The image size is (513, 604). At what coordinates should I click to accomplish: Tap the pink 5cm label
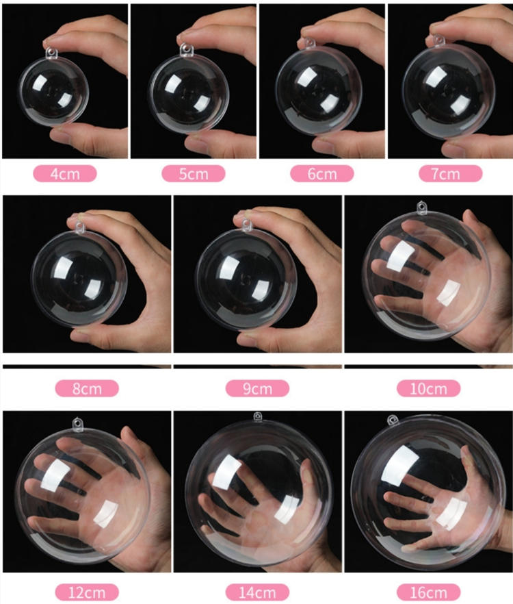tap(193, 173)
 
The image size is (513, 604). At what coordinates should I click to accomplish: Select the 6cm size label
tap(321, 173)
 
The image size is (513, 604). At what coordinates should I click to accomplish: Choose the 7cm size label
tap(450, 173)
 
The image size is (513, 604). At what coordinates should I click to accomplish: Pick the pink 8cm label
tap(86, 389)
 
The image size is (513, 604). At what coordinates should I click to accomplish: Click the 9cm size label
tap(257, 389)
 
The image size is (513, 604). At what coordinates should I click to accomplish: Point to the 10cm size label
tap(428, 389)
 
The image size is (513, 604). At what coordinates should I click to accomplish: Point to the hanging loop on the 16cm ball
tap(393, 420)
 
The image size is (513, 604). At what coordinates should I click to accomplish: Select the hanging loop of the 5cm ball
tap(185, 49)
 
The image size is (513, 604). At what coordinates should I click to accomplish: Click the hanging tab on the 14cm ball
tap(257, 416)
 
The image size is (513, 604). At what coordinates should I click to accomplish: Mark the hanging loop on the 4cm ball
tap(52, 51)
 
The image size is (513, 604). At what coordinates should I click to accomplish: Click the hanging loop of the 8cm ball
tap(80, 226)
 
